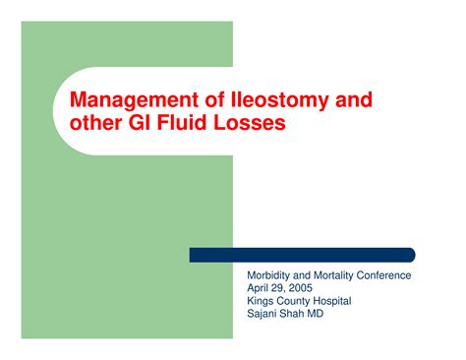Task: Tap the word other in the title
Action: tap(93, 124)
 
